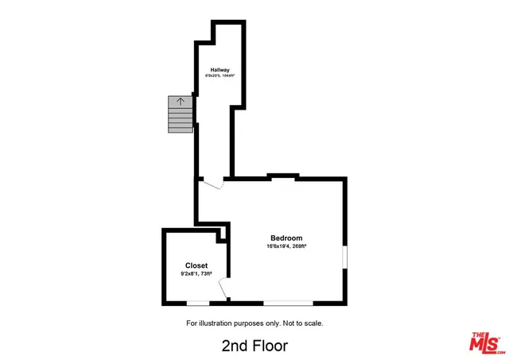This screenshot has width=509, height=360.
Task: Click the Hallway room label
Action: pos(220,69)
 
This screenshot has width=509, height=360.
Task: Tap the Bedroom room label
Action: pos(286,238)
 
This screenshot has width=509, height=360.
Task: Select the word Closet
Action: pos(196,266)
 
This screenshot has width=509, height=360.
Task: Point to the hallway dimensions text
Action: pos(220,76)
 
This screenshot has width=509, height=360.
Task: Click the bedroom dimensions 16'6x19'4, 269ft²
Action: pos(286,246)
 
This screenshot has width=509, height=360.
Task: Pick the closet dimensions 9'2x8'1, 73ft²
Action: pos(196,274)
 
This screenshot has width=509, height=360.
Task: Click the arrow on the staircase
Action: pos(181,102)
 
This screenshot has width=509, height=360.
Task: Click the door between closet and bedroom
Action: pos(224,290)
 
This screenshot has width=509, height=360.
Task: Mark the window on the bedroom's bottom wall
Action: pos(288,302)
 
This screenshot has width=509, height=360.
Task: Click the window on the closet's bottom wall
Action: pos(197,302)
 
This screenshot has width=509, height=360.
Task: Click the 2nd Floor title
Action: pos(254,346)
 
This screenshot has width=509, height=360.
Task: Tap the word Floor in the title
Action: pos(270,346)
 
